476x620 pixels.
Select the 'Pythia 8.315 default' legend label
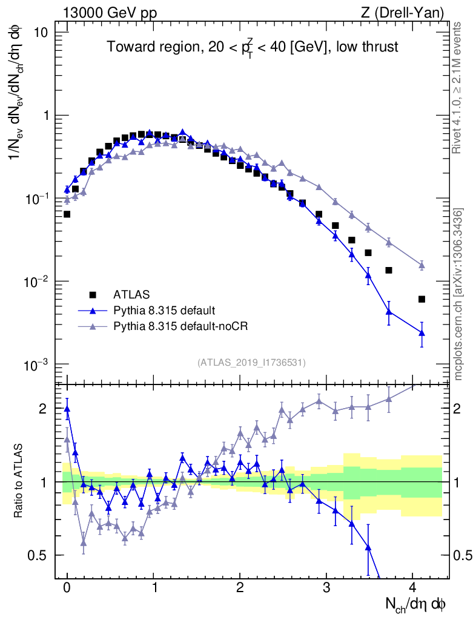(164, 311)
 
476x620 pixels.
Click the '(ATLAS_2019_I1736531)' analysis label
(251, 362)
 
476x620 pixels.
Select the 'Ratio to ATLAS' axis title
(19, 481)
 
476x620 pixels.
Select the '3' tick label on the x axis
(326, 587)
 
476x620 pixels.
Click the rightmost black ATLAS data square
(421, 299)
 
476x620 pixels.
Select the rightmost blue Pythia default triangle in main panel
(421, 332)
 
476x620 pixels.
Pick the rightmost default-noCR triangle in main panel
(421, 265)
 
